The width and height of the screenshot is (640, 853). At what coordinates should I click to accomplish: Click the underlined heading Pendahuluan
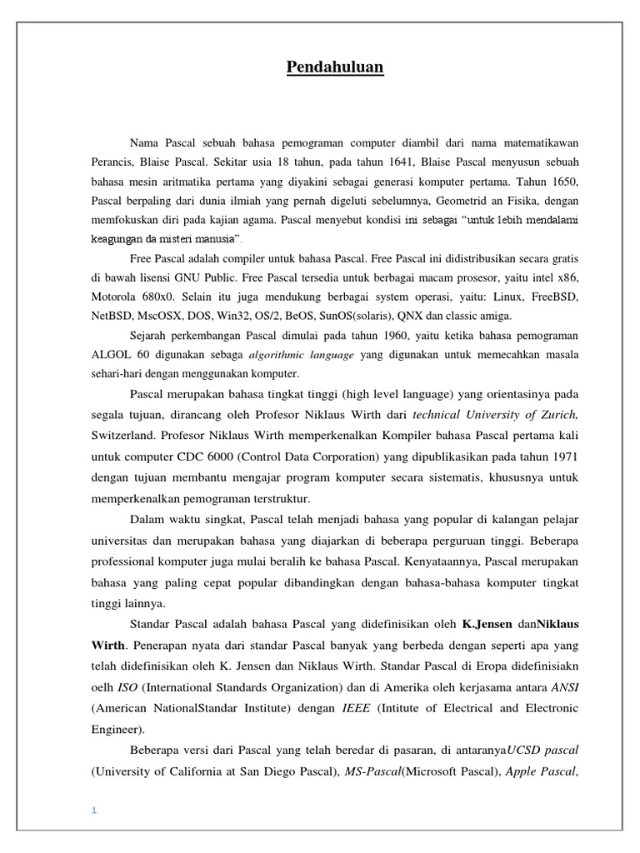coord(335,67)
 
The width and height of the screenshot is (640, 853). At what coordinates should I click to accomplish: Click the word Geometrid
coord(452,202)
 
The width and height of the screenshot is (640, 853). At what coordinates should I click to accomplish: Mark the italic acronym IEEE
coord(353,707)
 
